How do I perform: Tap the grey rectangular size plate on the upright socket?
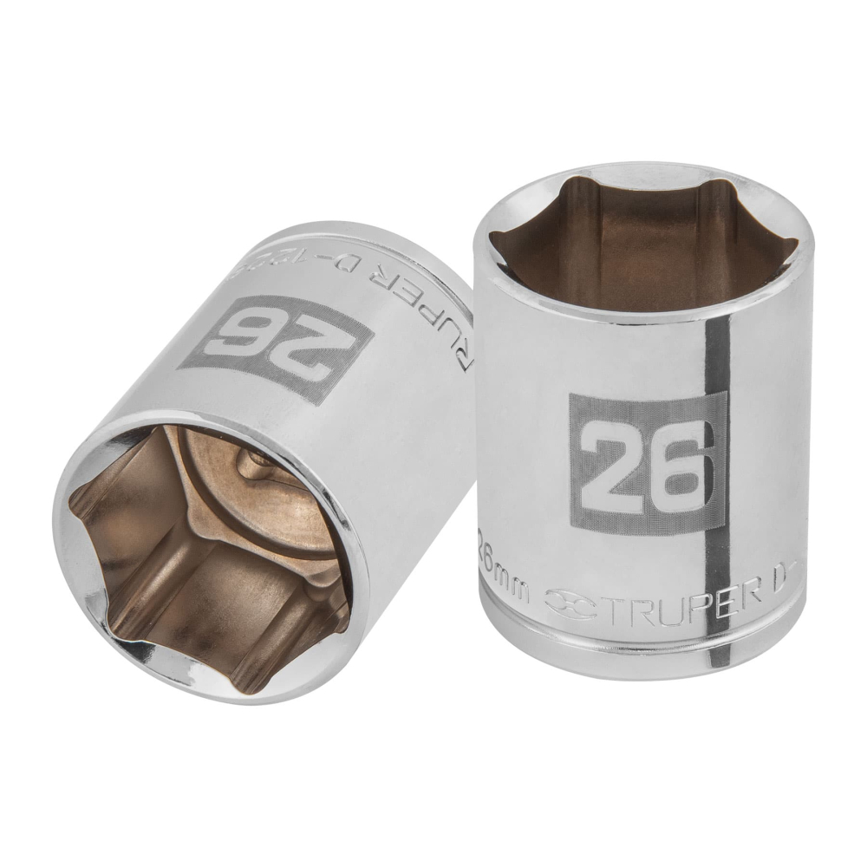[x=647, y=461]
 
